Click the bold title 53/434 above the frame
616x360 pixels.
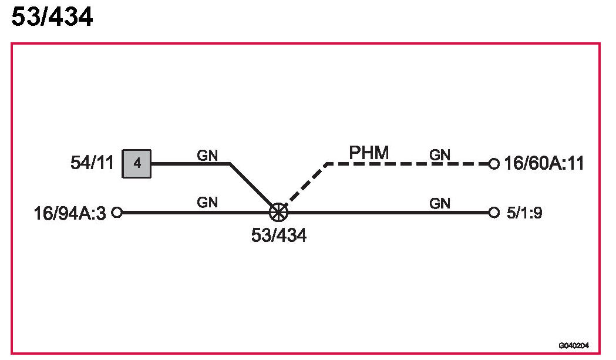tap(52, 18)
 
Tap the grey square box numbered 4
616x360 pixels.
tap(137, 163)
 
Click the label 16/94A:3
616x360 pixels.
tap(70, 213)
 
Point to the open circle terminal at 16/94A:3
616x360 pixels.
tap(117, 212)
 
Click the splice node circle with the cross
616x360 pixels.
tap(278, 212)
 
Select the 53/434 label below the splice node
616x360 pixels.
tap(278, 235)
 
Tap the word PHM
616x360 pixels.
tap(369, 153)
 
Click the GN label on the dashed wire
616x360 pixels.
tap(440, 154)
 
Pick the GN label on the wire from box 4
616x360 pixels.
tap(207, 154)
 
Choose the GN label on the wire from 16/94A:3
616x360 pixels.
tap(207, 203)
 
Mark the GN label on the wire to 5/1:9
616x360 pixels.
tap(440, 203)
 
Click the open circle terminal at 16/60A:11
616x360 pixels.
tap(494, 163)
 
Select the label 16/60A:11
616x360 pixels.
tap(544, 163)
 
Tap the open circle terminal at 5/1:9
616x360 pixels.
tap(494, 212)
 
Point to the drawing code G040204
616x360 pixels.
tap(574, 346)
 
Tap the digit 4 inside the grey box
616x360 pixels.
tap(137, 163)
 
